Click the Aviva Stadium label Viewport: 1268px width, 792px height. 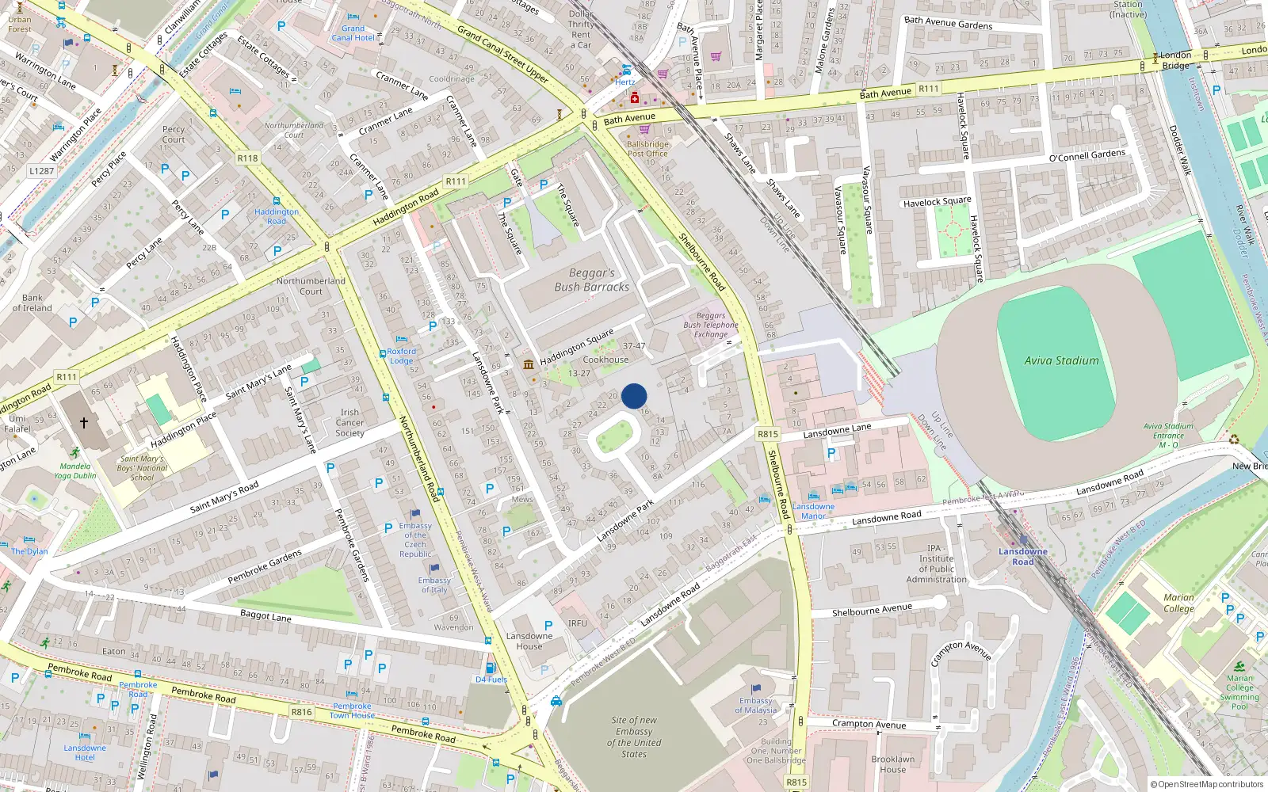1061,360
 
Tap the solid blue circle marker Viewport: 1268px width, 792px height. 634,396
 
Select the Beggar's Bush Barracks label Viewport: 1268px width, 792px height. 591,280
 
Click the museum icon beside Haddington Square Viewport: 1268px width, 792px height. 529,364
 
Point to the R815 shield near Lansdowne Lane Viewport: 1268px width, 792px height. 767,434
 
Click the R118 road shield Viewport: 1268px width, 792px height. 247,158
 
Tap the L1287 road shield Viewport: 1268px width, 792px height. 41,170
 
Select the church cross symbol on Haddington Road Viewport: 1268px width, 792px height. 83,423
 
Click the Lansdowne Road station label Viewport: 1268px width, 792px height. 1022,557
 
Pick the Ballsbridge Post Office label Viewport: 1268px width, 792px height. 647,149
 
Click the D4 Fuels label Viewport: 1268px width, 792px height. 491,680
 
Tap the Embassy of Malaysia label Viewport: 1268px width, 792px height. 755,705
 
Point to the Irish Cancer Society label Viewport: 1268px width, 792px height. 349,423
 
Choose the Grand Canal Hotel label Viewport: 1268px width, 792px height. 353,32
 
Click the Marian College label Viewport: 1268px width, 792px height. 1178,603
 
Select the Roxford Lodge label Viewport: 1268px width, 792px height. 401,356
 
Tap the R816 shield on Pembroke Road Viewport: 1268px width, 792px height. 301,712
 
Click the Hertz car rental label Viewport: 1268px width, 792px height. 624,82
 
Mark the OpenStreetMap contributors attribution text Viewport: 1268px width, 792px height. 1207,784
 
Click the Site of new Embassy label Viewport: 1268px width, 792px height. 634,737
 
